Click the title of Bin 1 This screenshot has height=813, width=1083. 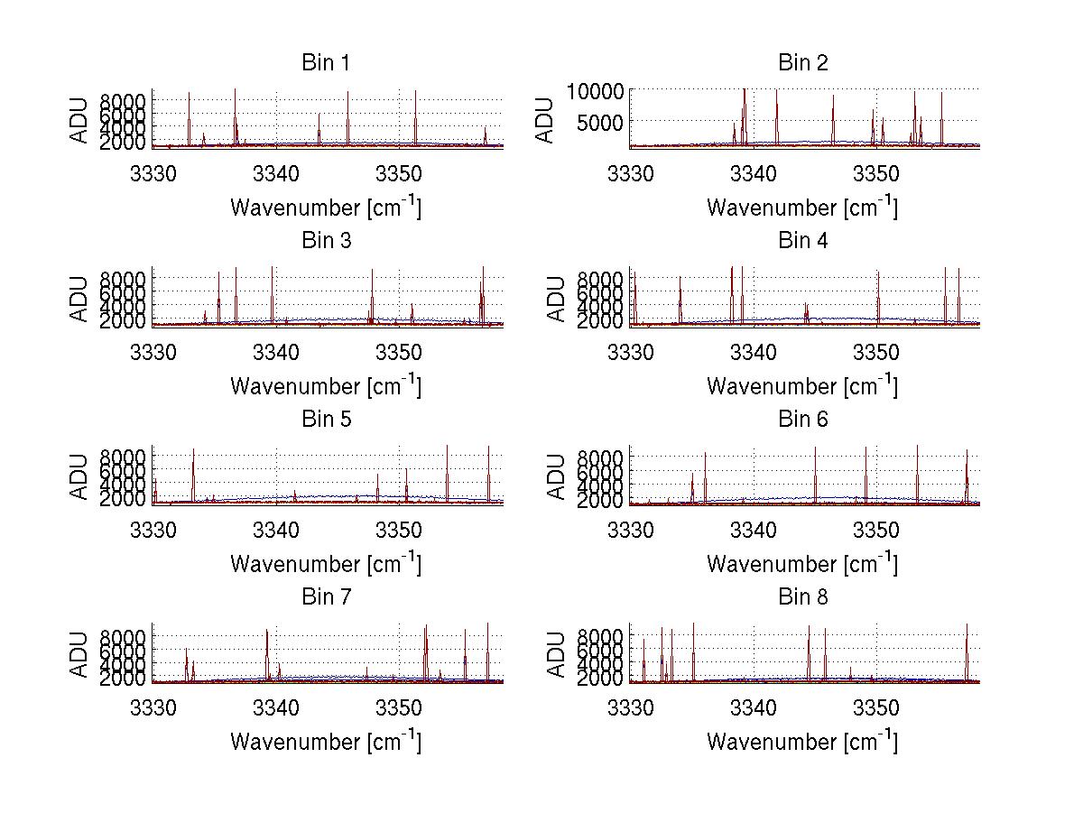click(326, 63)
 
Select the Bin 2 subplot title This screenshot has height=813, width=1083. click(802, 63)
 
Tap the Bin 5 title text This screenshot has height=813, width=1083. click(326, 420)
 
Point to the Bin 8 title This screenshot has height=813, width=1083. click(802, 597)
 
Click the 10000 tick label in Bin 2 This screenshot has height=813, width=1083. click(594, 91)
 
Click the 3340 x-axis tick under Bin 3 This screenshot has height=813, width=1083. click(276, 350)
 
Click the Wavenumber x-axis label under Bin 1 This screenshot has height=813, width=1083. click(326, 207)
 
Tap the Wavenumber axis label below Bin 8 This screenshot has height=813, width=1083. click(802, 741)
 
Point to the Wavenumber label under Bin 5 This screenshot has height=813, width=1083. click(326, 563)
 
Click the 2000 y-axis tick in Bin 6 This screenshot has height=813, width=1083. click(598, 501)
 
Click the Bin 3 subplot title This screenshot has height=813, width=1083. click(326, 241)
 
